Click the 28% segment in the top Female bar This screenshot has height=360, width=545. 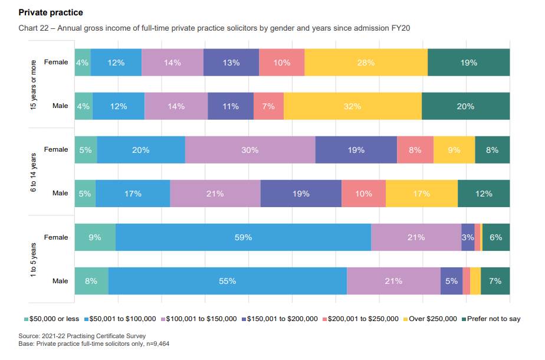tap(366, 63)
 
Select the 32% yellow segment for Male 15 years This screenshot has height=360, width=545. tap(353, 106)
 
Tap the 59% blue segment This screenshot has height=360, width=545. tap(243, 237)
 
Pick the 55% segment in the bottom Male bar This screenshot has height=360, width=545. tap(227, 281)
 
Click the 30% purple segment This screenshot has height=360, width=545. tap(250, 150)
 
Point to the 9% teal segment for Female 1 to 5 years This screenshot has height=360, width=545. tap(95, 237)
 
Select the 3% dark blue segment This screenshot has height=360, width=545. tap(468, 237)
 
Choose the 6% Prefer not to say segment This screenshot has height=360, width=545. tap(496, 237)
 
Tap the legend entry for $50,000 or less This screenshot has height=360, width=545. tap(51, 319)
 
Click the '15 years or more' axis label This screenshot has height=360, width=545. tap(34, 84)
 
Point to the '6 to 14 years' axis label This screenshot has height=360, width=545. tap(34, 172)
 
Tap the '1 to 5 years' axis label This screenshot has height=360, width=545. tap(34, 260)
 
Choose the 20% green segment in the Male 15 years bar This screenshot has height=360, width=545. tap(465, 106)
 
